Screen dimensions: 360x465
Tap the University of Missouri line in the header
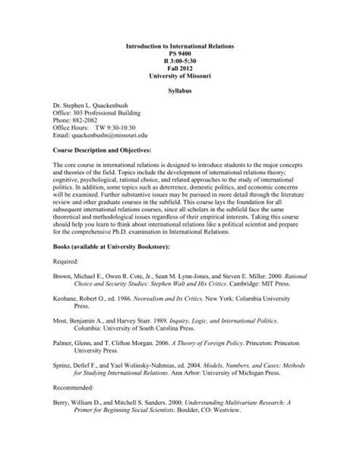[179, 77]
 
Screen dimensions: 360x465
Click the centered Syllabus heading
[179, 93]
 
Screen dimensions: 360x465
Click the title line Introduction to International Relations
[179, 46]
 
